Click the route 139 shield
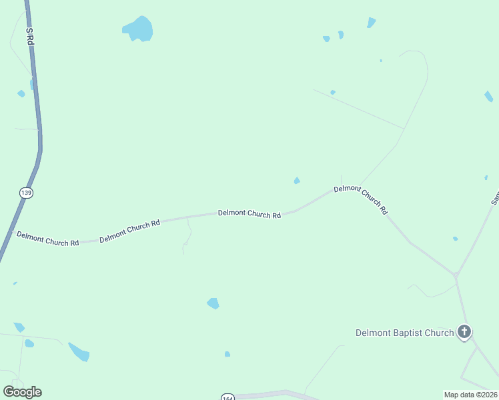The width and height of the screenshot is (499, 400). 26,193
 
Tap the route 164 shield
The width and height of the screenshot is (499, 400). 227,397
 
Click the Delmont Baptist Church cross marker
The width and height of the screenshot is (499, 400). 464,331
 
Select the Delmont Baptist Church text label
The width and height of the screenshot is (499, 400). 404,333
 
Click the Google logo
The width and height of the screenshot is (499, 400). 22,392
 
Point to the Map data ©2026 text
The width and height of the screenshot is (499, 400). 470,395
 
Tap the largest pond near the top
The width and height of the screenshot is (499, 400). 139,29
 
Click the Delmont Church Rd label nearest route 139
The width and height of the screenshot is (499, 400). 47,238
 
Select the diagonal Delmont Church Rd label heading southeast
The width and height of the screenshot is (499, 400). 361,199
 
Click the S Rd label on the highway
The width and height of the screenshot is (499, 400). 30,36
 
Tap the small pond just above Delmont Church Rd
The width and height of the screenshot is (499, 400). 297,181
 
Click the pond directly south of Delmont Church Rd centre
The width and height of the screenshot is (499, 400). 213,303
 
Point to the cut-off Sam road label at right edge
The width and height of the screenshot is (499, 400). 495,198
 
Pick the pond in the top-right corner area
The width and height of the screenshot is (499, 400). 371,23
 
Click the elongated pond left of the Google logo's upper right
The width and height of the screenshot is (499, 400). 79,351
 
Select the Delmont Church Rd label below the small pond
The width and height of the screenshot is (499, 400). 249,214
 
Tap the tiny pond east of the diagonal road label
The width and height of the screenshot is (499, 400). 455,239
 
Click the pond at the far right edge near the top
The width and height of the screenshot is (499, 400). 489,97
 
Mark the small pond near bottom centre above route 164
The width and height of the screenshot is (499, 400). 227,354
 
